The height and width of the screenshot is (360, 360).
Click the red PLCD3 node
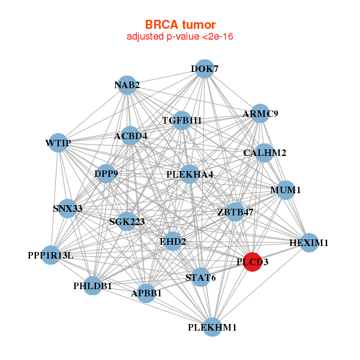[253, 262]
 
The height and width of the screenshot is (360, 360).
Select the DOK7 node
[205, 69]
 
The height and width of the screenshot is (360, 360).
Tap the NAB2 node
[127, 85]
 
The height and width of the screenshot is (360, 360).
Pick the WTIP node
[58, 143]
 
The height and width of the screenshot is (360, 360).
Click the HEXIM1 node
[309, 243]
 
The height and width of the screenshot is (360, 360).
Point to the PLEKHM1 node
[212, 328]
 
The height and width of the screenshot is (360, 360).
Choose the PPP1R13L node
[51, 255]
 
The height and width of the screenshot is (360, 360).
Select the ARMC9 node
[260, 113]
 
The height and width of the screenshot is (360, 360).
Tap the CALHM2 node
[265, 153]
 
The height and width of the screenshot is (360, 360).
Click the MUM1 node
[286, 190]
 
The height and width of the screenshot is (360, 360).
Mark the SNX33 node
[67, 209]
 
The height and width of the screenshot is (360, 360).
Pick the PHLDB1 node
[93, 286]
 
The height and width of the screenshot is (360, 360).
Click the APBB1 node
[146, 293]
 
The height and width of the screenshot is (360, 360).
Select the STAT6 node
[200, 277]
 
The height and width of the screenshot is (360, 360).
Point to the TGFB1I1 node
[182, 121]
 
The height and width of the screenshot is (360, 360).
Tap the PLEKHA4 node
[190, 175]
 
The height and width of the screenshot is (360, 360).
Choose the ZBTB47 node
[235, 212]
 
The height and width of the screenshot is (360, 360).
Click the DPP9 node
[106, 174]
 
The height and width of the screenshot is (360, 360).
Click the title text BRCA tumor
[180, 25]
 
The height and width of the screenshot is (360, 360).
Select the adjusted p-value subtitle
[180, 37]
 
